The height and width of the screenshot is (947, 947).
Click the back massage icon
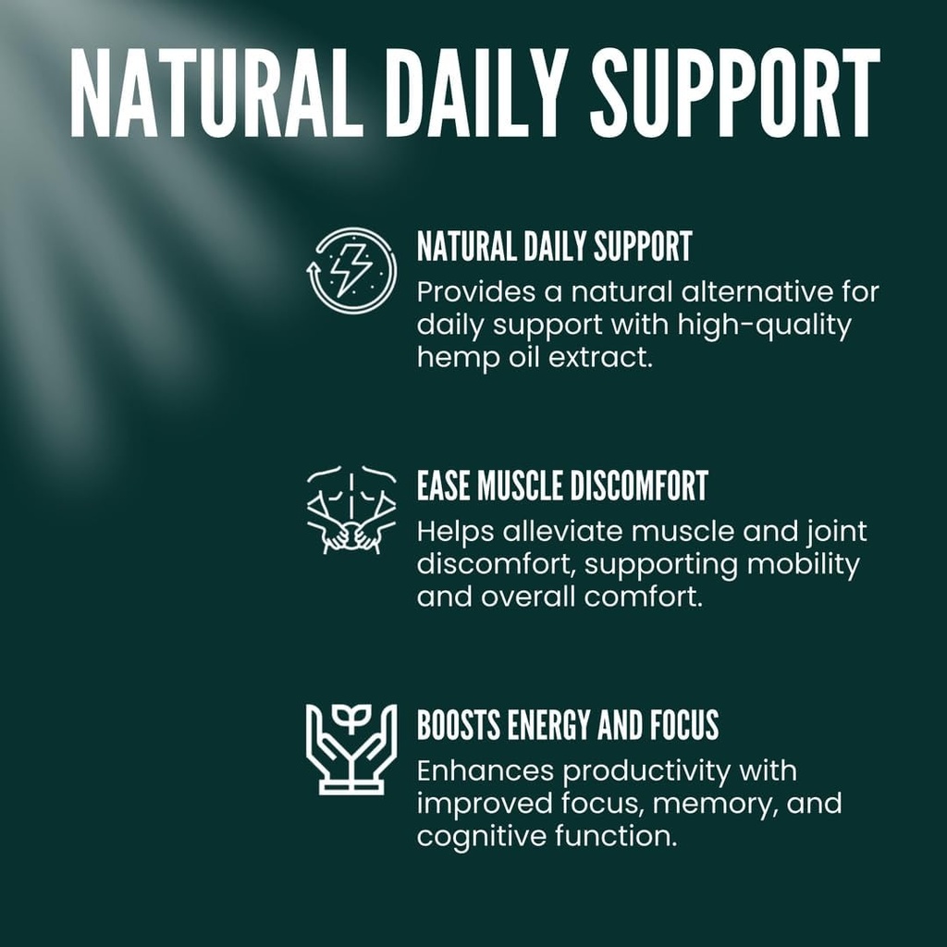click(351, 510)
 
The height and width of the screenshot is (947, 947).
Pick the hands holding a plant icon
click(351, 748)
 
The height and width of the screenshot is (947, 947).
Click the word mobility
click(802, 564)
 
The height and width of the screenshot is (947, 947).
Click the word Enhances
click(485, 771)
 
